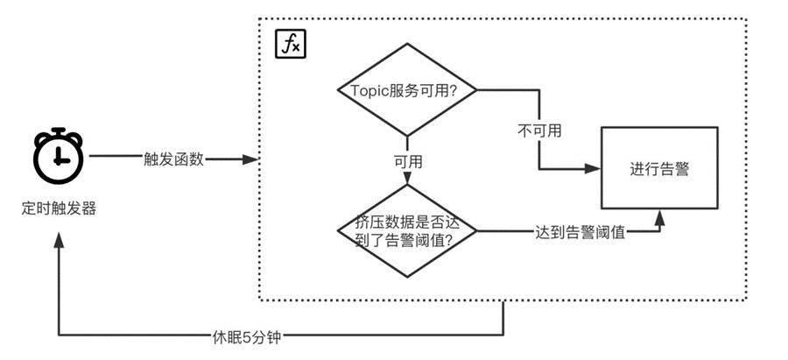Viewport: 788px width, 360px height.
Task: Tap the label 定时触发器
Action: point(59,209)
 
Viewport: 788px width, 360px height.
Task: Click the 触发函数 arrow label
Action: point(173,159)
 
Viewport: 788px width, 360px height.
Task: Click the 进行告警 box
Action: point(658,169)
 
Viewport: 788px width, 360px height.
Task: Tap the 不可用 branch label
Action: point(538,131)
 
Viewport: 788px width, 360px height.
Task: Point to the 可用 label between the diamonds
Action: point(408,162)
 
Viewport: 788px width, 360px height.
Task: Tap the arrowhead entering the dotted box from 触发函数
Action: point(254,159)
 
